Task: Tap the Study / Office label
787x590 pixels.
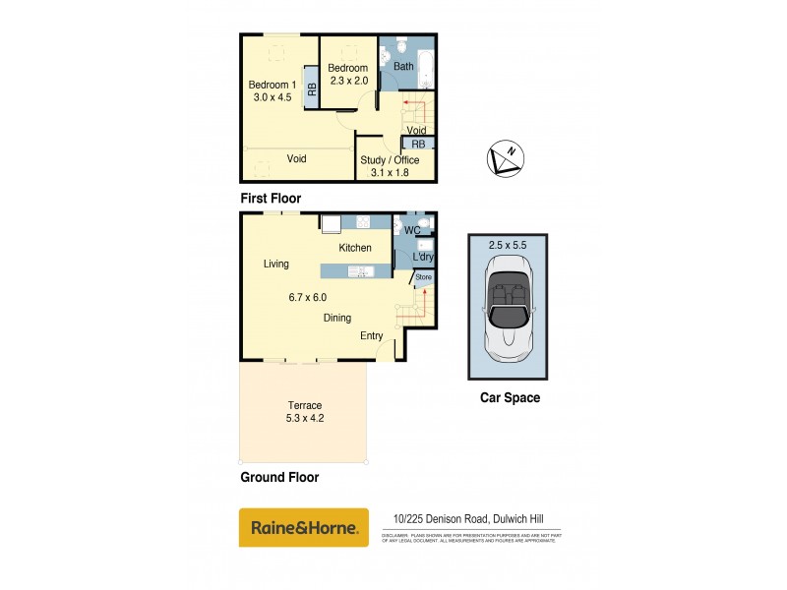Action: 390,160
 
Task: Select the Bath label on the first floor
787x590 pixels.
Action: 403,67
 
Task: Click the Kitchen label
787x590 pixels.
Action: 355,248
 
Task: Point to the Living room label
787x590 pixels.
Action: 275,264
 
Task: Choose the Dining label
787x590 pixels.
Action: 337,318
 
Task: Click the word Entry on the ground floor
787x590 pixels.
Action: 371,336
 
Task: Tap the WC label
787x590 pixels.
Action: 412,231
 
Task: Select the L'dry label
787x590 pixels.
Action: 422,258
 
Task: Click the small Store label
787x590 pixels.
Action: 423,277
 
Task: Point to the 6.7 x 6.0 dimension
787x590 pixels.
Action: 307,297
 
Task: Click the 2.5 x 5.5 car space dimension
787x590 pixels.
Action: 507,243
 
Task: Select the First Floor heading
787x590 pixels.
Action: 271,198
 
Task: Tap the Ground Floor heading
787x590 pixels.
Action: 279,478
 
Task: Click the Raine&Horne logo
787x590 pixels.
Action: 304,528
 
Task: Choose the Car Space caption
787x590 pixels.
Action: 510,398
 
